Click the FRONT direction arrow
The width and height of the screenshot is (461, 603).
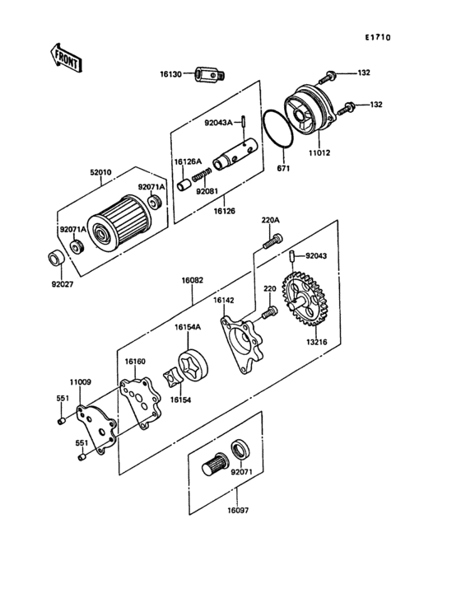[x=65, y=58]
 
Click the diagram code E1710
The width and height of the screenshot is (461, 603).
[x=378, y=37]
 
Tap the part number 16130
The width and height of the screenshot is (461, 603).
[x=171, y=74]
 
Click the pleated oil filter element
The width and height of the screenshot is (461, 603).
[x=119, y=224]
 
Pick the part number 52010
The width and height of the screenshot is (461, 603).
[x=101, y=172]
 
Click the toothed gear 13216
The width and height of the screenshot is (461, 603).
[x=305, y=299]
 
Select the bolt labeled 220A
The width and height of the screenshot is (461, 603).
[x=272, y=241]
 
